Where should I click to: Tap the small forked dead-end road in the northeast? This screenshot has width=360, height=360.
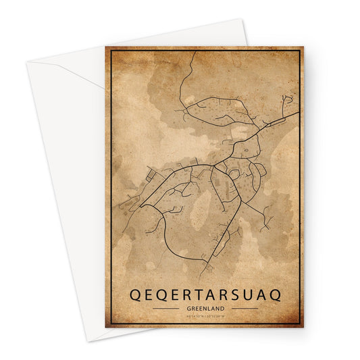point(288,101)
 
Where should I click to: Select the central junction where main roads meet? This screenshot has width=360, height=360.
point(214,163)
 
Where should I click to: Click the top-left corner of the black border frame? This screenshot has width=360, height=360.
point(111,52)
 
